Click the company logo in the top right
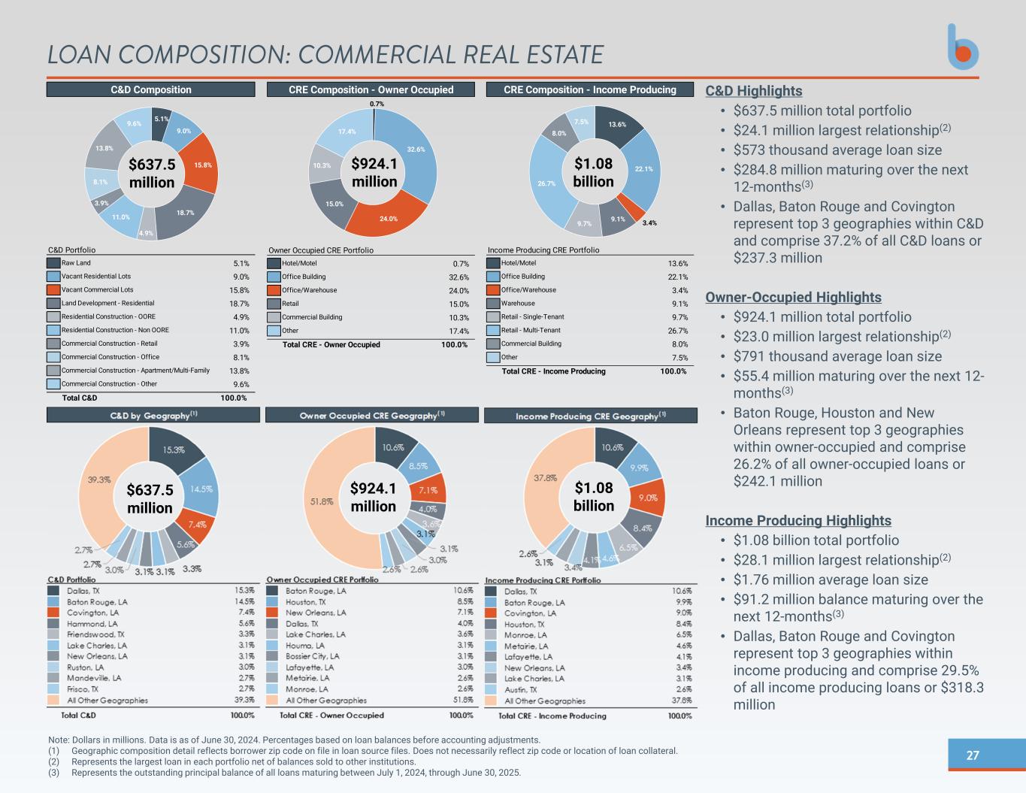(963, 47)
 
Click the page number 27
(973, 755)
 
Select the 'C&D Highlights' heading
(754, 91)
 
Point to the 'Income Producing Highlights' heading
(798, 521)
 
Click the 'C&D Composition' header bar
(151, 89)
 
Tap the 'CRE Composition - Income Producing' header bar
(590, 89)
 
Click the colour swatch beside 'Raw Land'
(53, 263)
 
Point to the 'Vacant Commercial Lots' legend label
(97, 290)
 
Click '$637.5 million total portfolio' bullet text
(822, 111)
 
